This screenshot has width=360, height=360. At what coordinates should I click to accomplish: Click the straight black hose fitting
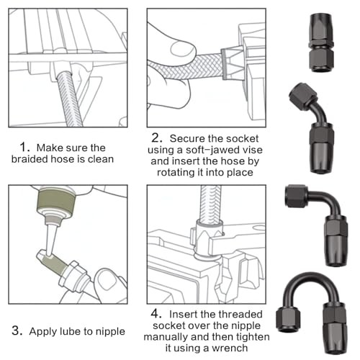(x=320, y=42)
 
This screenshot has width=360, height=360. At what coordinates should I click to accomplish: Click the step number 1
(x=24, y=147)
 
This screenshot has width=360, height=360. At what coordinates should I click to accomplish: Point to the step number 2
(x=157, y=138)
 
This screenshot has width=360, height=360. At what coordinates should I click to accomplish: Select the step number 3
(x=17, y=330)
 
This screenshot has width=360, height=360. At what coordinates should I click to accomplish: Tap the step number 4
(x=156, y=314)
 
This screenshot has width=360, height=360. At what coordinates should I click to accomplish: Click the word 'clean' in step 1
(x=101, y=159)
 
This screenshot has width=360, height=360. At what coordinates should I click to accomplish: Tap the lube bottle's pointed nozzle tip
(x=49, y=255)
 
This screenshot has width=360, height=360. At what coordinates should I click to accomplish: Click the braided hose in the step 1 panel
(x=69, y=99)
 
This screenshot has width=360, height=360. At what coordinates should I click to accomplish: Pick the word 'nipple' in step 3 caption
(x=110, y=332)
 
